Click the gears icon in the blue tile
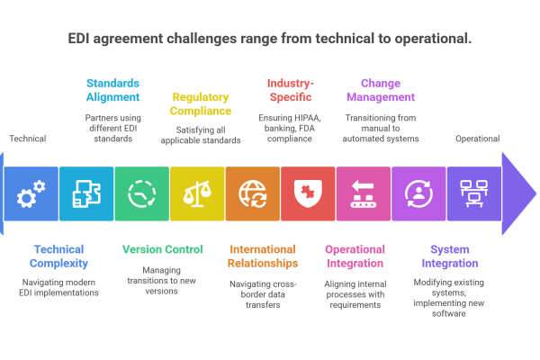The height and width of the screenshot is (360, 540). click(31, 193)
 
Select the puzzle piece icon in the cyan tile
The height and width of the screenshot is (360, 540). click(86, 193)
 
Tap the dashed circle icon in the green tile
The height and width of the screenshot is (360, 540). click(142, 193)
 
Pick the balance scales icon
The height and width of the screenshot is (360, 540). click(197, 193)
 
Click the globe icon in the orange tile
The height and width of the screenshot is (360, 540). click(253, 193)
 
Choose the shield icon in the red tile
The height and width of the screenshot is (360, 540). click(308, 193)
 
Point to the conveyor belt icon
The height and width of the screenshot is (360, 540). click(364, 193)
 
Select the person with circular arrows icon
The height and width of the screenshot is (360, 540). click(418, 193)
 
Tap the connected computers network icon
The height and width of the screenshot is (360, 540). click(474, 193)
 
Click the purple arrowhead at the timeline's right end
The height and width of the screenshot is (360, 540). click(518, 193)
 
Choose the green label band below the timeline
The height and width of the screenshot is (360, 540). click(175, 251)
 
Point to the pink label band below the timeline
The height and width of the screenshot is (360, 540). click(376, 261)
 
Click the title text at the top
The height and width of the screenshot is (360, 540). click(270, 40)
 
